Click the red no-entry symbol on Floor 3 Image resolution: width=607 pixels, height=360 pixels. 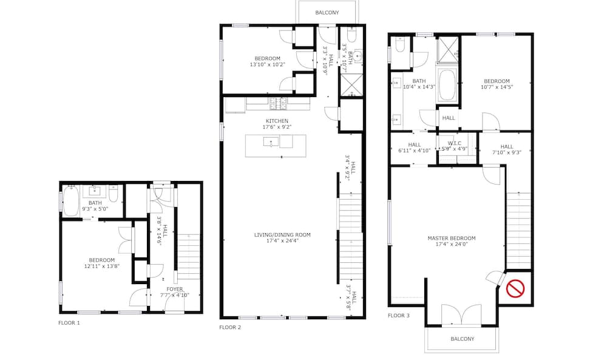(x=515, y=288)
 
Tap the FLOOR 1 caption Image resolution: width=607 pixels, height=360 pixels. (x=69, y=323)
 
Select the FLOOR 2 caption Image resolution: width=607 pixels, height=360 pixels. (x=230, y=327)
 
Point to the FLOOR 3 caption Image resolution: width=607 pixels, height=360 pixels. (x=399, y=316)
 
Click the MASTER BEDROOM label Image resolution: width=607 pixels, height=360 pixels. (x=452, y=239)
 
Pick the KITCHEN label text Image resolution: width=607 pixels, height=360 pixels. (x=277, y=121)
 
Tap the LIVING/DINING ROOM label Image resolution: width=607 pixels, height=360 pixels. (x=282, y=235)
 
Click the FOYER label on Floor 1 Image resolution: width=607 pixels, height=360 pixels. (x=175, y=289)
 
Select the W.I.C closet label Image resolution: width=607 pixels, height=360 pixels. (x=455, y=143)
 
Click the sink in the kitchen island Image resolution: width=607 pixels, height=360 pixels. (x=271, y=141)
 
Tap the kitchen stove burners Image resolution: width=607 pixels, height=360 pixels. (x=279, y=103)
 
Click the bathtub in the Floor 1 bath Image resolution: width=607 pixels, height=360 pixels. (x=71, y=201)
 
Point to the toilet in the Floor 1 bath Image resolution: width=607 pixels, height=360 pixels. (x=114, y=194)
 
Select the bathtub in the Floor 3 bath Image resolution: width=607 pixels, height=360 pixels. (x=447, y=86)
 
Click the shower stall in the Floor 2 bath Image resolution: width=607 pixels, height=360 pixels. (x=351, y=85)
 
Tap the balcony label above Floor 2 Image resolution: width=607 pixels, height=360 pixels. (x=327, y=13)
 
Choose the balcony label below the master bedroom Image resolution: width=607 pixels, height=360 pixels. (x=462, y=339)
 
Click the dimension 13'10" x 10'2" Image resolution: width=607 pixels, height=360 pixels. (x=267, y=64)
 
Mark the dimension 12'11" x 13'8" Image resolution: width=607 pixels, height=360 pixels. (x=102, y=267)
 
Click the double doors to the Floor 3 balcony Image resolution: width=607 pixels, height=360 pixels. (x=461, y=314)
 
